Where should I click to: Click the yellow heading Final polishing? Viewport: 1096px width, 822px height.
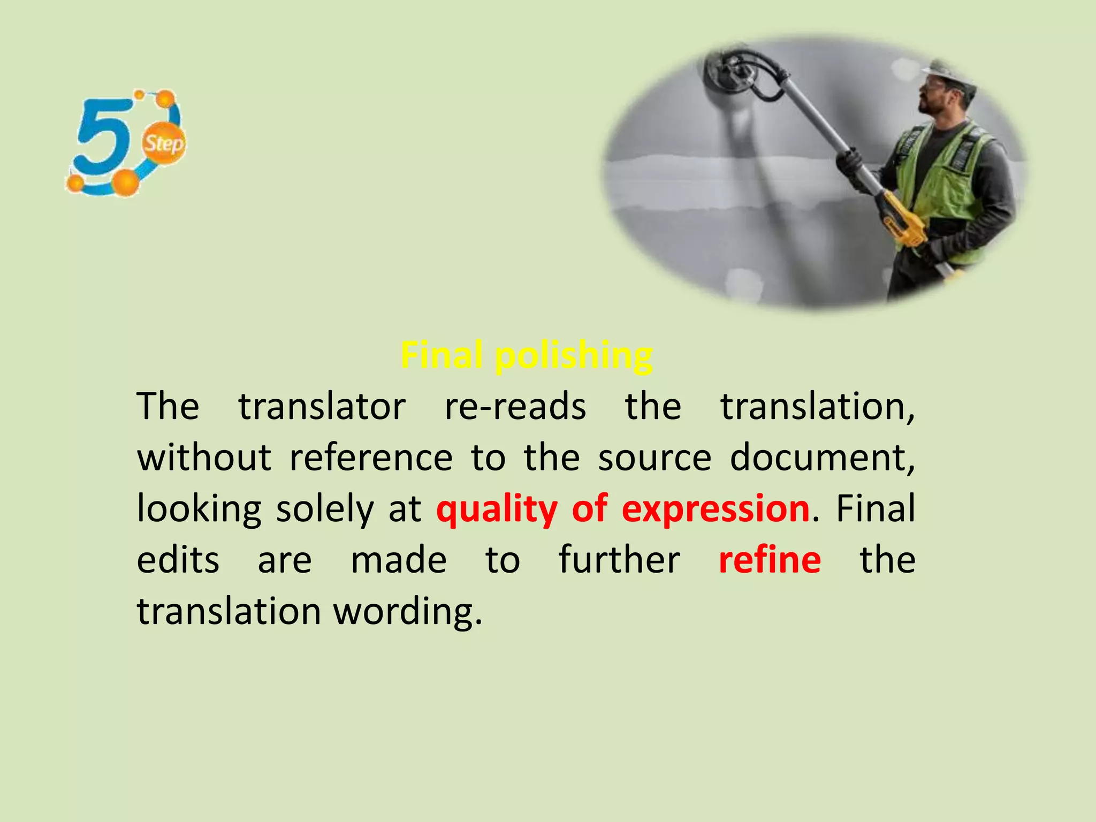point(526,355)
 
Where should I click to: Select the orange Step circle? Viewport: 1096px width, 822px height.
point(164,143)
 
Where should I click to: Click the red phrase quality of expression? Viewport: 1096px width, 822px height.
point(622,508)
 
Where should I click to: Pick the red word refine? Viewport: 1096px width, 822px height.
point(769,560)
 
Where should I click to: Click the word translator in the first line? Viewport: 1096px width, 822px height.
point(322,407)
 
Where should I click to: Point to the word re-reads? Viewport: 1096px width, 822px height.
point(515,407)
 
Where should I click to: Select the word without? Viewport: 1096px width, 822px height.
point(204,458)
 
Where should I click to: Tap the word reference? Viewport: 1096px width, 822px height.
point(371,458)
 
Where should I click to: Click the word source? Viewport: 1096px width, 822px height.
point(654,458)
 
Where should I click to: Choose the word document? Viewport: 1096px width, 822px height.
point(821,458)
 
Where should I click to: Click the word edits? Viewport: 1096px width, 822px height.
point(178,560)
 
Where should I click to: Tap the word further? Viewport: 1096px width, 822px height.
point(619,560)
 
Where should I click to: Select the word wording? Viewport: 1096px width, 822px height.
point(408,611)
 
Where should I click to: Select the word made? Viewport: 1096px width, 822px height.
point(399,560)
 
